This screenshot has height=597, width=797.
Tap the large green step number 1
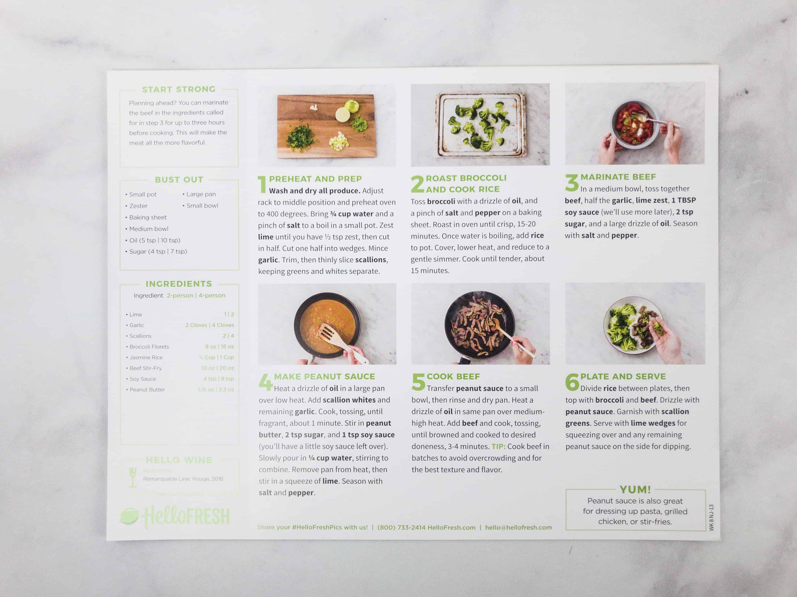coord(262,184)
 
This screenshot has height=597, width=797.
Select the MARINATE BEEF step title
coord(618,177)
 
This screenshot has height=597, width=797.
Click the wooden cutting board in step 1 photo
coord(326,126)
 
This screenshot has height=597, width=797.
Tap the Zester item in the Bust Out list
coord(138,206)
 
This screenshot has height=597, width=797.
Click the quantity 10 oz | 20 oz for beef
coord(217,368)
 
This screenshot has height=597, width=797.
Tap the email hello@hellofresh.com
coord(518,527)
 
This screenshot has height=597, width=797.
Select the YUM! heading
coord(635,489)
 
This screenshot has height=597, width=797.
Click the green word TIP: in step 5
coord(498,446)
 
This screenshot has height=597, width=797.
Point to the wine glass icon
coord(133,477)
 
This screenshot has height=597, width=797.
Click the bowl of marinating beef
coord(634,124)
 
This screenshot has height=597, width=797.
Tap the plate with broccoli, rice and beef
coord(632,324)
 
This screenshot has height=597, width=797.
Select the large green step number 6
coord(572,382)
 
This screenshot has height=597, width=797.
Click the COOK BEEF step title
coord(453,377)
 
